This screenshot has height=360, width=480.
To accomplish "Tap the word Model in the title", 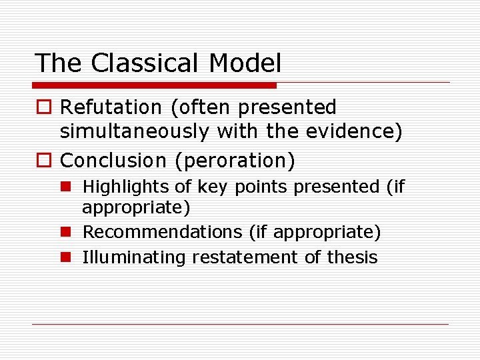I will (245, 63).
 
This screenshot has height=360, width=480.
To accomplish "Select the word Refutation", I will (111, 107).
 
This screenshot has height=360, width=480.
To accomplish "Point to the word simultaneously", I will (134, 132).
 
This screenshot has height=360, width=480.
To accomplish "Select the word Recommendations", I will (162, 232).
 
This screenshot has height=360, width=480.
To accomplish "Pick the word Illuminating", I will (134, 257).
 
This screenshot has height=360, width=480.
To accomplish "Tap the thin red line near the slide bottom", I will (240, 324).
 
